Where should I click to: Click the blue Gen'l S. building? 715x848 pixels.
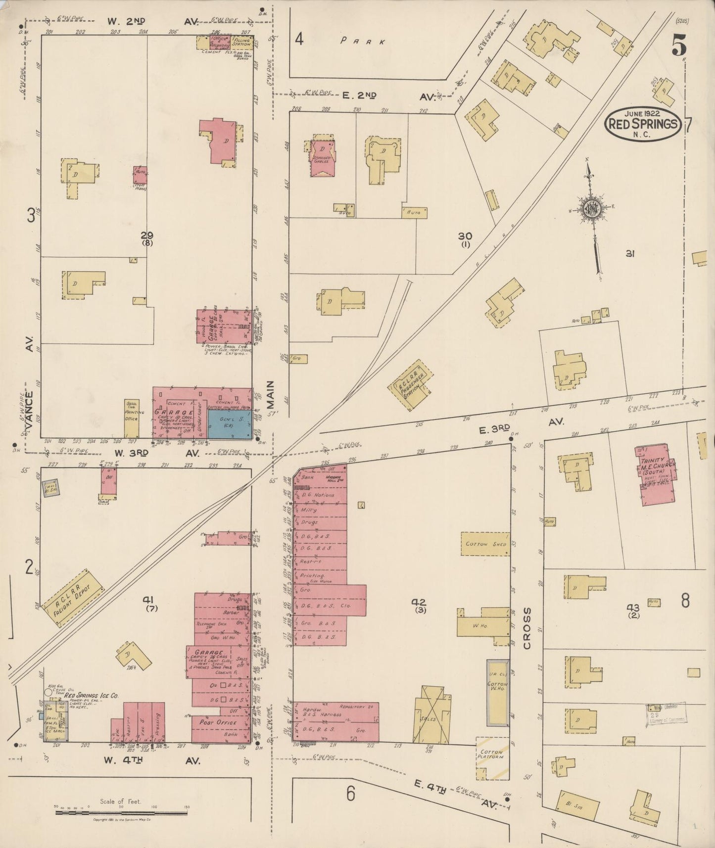click(x=229, y=424)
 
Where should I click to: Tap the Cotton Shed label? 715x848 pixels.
click(x=485, y=544)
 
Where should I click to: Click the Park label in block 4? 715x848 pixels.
click(x=362, y=42)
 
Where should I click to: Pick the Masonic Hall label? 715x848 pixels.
click(x=335, y=478)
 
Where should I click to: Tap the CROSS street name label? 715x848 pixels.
click(x=526, y=628)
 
